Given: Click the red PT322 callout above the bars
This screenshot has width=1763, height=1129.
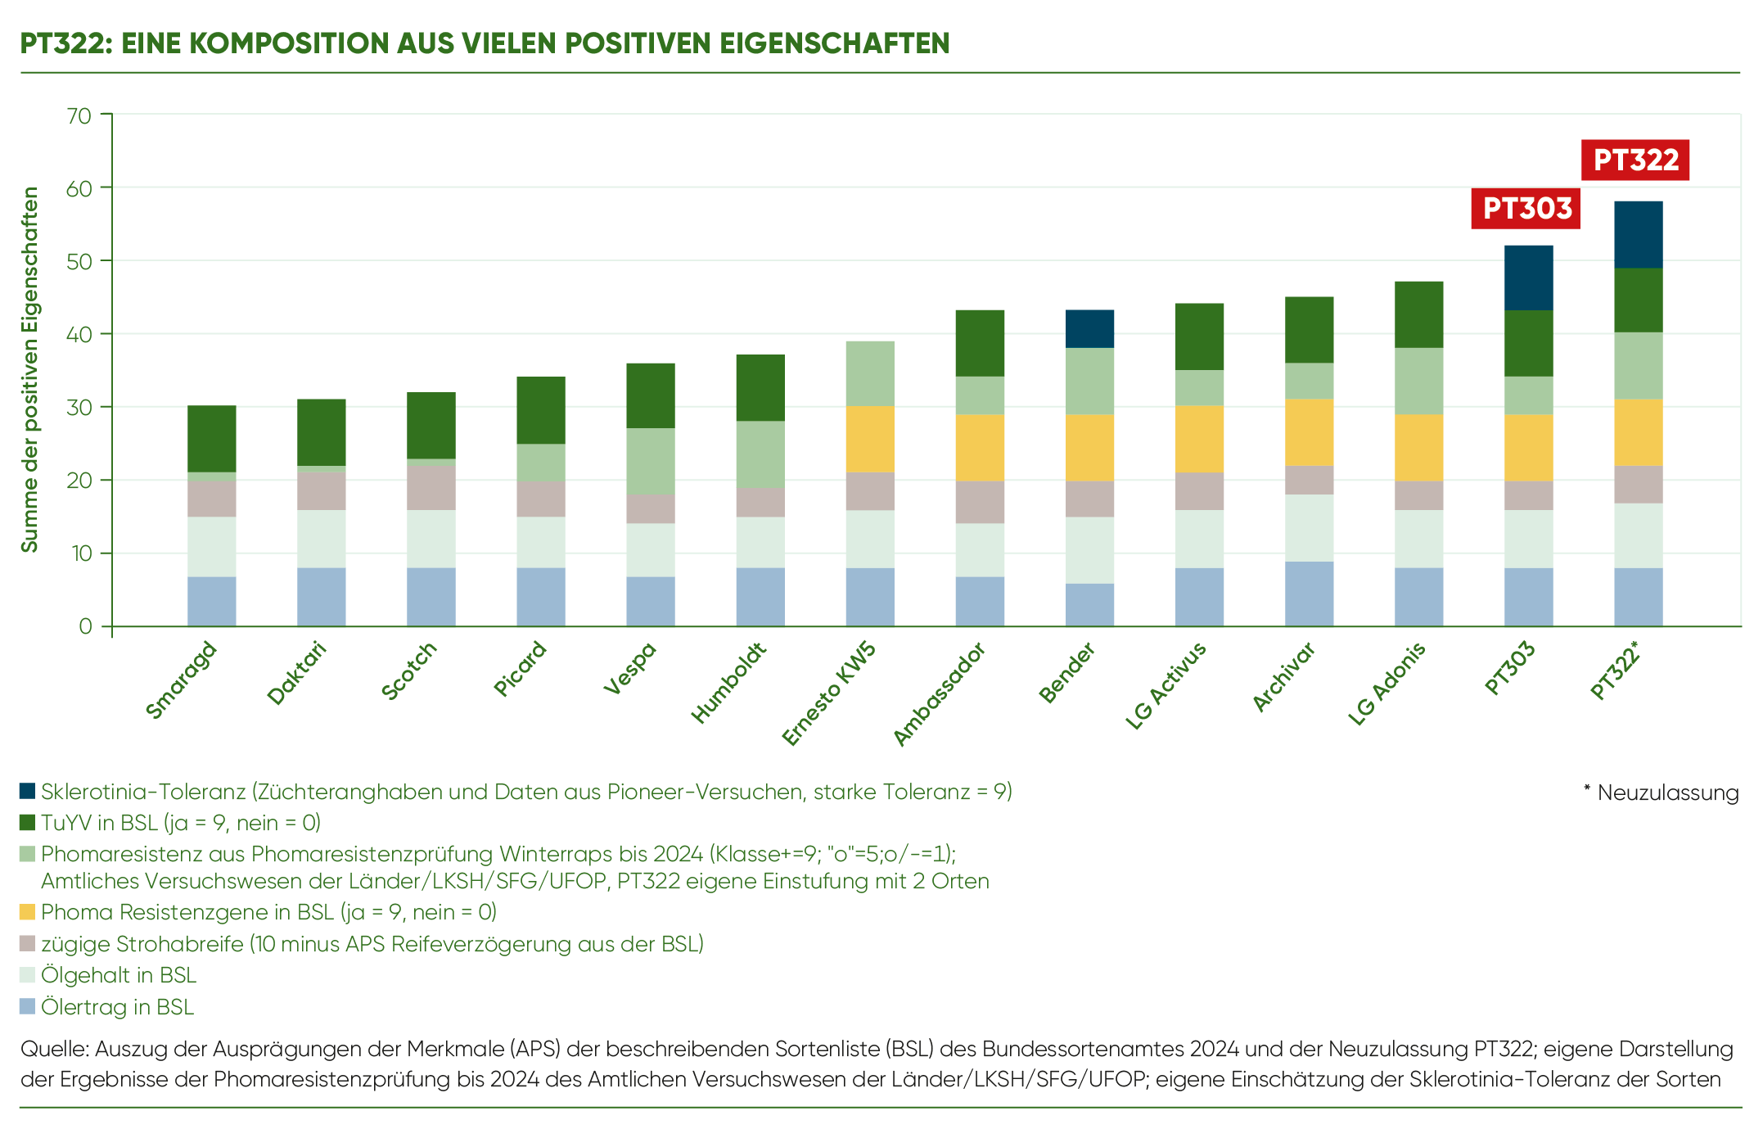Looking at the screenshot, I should click(x=1635, y=160).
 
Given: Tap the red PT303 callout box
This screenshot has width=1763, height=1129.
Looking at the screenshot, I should click(x=1526, y=208).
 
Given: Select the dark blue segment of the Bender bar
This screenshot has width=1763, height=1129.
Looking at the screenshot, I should click(x=1089, y=328).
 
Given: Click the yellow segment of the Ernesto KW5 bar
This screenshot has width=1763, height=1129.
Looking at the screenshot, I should click(x=870, y=439).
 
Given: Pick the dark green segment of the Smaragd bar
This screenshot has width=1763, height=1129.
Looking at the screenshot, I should click(x=212, y=438).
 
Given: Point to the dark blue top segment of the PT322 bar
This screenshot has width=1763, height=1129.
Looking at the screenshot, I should click(x=1639, y=234).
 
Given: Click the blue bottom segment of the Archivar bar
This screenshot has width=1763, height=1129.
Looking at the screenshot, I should click(x=1309, y=594).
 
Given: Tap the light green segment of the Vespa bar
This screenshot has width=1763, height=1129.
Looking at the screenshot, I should click(x=651, y=461).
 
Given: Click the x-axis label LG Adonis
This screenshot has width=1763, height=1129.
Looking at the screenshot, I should click(x=1387, y=683).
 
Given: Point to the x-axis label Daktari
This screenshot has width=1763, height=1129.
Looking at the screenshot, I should click(x=297, y=673).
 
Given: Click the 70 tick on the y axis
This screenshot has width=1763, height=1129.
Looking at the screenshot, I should click(x=79, y=115).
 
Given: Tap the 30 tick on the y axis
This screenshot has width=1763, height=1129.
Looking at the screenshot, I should click(x=79, y=407).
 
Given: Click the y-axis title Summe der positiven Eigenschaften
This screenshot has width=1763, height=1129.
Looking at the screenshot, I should click(x=30, y=369).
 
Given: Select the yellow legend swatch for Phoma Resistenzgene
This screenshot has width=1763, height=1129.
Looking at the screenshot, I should click(x=28, y=911).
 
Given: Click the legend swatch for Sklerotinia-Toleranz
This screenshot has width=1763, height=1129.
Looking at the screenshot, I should click(x=28, y=791).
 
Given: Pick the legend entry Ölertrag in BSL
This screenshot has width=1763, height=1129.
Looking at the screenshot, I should click(x=117, y=1006).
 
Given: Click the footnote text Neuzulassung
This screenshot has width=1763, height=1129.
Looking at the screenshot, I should click(x=1667, y=793).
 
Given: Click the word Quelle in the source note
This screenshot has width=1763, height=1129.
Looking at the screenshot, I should click(x=54, y=1049).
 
